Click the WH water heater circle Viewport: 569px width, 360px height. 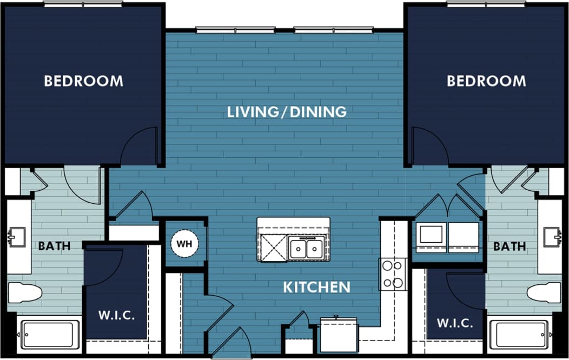tap(185, 244)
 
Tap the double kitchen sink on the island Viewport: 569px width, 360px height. tap(306, 249)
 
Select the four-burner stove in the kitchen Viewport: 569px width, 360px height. tap(393, 274)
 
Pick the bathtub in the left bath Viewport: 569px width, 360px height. tap(49, 335)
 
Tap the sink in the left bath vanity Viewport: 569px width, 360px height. tap(16, 237)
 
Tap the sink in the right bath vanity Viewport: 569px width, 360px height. tap(552, 237)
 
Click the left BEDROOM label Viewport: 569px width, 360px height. tap(83, 81)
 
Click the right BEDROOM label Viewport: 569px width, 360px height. tap(486, 81)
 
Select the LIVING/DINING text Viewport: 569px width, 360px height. tap(286, 112)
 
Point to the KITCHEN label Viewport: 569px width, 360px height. tap(316, 287)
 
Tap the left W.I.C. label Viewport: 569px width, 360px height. tap(117, 315)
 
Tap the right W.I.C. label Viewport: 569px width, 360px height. tap(455, 323)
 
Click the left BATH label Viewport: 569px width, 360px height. tap(54, 246)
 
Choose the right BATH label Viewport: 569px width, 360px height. tap(509, 246)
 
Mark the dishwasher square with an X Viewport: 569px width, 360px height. tap(273, 248)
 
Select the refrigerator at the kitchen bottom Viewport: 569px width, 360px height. tap(339, 335)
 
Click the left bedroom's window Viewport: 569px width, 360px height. tap(83, 4)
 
